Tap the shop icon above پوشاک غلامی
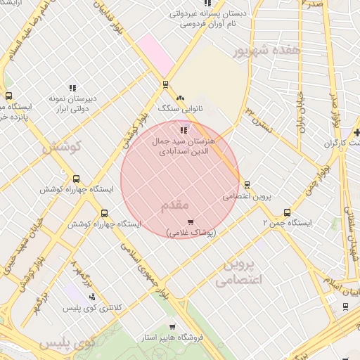190,222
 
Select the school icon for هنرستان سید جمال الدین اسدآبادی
184,130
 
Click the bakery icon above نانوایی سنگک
180,98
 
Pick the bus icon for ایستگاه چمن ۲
287,212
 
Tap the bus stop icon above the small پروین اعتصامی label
247,185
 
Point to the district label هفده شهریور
269,51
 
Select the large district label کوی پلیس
67,344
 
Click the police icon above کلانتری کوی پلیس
91,297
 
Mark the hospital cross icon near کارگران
357,132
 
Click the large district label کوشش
62,148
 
